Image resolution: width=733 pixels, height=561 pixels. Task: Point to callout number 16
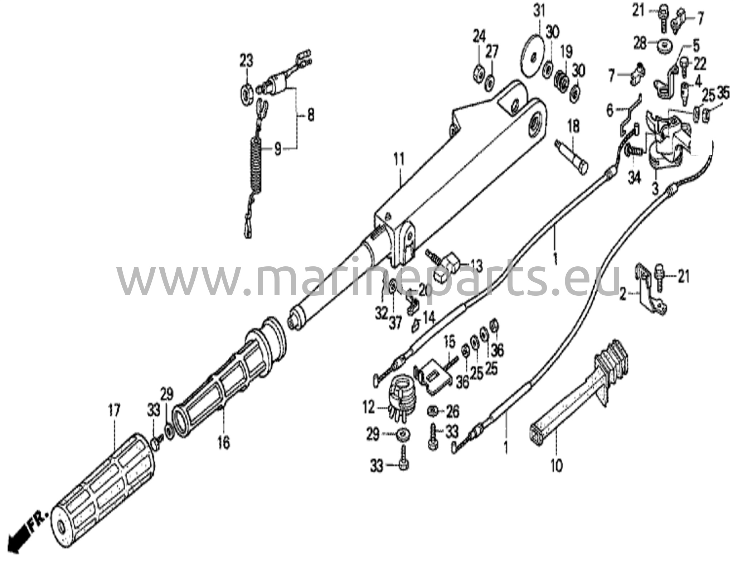click(x=223, y=443)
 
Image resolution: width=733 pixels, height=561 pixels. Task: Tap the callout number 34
click(x=635, y=178)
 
